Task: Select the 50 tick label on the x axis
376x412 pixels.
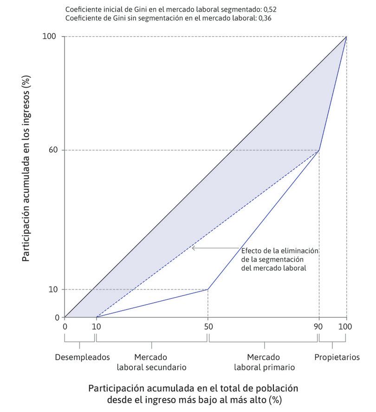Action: click(208, 327)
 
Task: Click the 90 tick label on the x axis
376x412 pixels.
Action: click(319, 327)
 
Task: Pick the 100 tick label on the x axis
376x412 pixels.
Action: click(345, 327)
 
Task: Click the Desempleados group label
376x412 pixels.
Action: click(82, 357)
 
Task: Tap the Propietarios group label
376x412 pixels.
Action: click(337, 357)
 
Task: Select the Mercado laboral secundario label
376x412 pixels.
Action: click(151, 362)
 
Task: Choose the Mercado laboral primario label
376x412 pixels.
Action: click(264, 362)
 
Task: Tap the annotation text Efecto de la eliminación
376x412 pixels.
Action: click(280, 251)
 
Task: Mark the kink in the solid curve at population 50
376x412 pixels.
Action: click(207, 289)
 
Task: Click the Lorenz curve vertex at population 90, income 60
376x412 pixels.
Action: click(319, 150)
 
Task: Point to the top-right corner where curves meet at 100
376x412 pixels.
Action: click(346, 37)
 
